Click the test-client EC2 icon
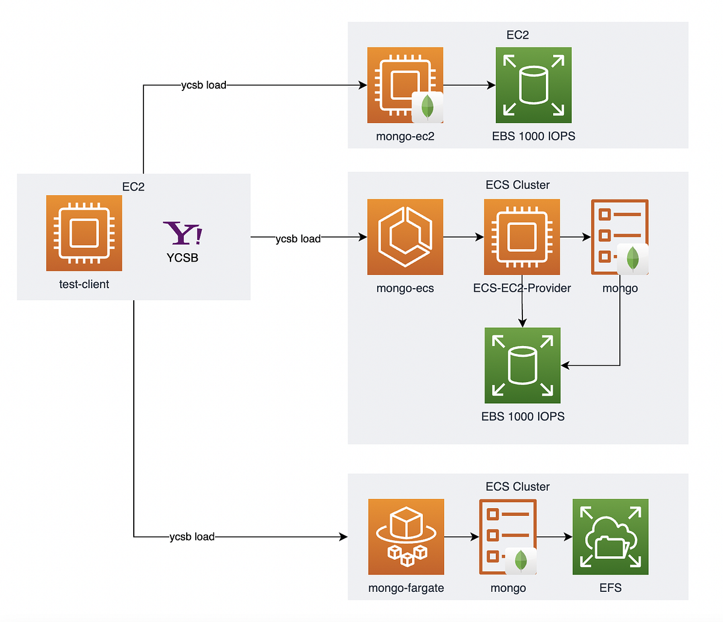(84, 233)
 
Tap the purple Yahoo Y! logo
(183, 233)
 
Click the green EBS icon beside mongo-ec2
(533, 85)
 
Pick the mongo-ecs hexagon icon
(405, 237)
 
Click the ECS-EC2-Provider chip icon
(522, 237)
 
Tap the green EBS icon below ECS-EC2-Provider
(522, 365)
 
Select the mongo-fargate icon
(405, 536)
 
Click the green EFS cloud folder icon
(610, 536)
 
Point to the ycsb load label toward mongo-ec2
(204, 85)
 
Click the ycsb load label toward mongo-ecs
(298, 239)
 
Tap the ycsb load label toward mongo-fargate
(192, 536)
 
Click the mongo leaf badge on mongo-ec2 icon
(427, 107)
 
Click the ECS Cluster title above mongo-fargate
(518, 486)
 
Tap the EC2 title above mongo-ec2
(518, 35)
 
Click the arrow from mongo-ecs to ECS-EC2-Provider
(463, 237)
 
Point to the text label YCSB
(182, 257)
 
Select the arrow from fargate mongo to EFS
(554, 536)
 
